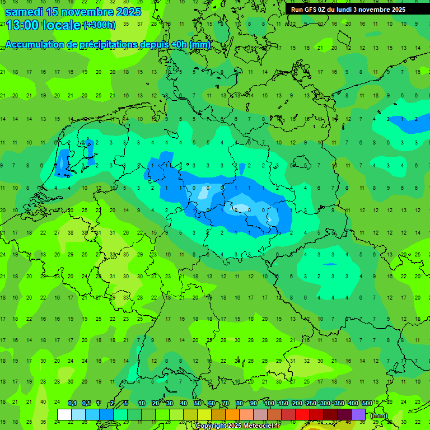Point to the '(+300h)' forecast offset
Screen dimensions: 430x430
99,25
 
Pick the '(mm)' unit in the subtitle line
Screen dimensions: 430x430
199,45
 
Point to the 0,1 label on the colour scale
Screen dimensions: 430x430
72,404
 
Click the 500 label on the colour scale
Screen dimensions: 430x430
367,404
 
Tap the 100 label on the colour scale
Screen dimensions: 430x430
269,404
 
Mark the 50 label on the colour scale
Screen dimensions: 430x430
198,404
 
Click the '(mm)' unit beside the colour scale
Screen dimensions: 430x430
379,415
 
